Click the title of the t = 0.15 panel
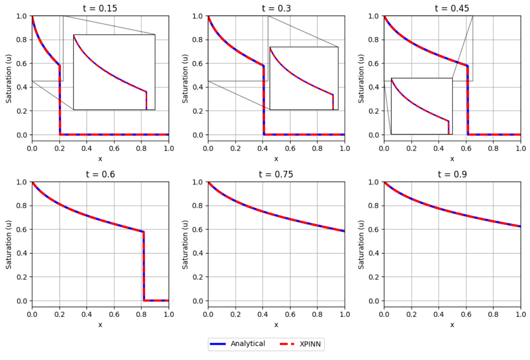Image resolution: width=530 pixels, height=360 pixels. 100,8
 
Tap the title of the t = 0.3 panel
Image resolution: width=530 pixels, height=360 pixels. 276,8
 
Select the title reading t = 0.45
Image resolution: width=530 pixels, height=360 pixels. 452,8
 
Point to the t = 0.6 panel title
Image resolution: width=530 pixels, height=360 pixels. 100,174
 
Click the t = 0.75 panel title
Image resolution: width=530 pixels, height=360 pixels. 276,174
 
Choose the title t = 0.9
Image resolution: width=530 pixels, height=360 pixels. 452,174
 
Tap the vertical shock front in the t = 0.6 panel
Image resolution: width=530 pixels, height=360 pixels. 144,266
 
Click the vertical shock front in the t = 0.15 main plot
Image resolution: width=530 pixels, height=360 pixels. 60,100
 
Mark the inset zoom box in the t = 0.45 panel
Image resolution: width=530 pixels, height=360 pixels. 422,106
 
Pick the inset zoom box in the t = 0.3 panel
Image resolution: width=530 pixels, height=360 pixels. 304,78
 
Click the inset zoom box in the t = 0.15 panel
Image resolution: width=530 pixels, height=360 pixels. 114,72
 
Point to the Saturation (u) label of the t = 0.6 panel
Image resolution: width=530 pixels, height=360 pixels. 9,244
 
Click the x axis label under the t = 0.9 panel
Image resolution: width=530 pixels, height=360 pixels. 452,325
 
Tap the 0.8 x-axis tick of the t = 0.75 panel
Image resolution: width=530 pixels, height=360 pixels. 317,314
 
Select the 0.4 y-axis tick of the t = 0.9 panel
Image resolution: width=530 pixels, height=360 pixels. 374,253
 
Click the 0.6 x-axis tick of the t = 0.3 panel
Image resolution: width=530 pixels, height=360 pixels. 290,148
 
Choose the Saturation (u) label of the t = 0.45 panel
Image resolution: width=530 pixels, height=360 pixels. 361,78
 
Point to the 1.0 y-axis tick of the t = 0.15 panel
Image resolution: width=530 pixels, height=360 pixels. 22,16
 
